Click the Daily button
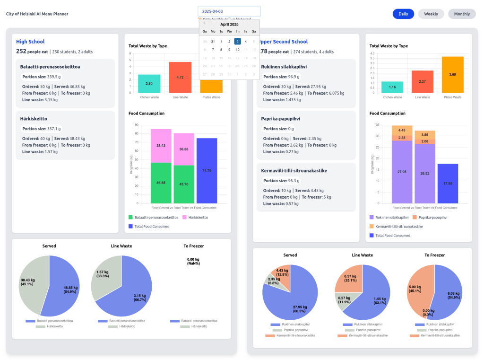pyautogui.click(x=403, y=14)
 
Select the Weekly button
pyautogui.click(x=431, y=14)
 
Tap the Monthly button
pyautogui.click(x=462, y=14)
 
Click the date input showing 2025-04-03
pyautogui.click(x=229, y=11)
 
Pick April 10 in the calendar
pyautogui.click(x=238, y=49)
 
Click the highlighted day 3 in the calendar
pyautogui.click(x=238, y=41)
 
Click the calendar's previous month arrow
pyautogui.click(x=204, y=23)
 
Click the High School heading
pyautogui.click(x=30, y=42)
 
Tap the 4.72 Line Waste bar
pyautogui.click(x=180, y=77)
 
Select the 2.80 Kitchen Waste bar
pyautogui.click(x=149, y=83)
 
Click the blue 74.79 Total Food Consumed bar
pyautogui.click(x=207, y=170)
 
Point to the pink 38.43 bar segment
pyautogui.click(x=161, y=146)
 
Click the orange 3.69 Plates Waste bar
pyautogui.click(x=452, y=74)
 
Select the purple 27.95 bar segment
pyautogui.click(x=402, y=172)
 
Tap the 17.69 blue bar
pyautogui.click(x=447, y=183)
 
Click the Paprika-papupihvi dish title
pyautogui.click(x=281, y=119)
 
